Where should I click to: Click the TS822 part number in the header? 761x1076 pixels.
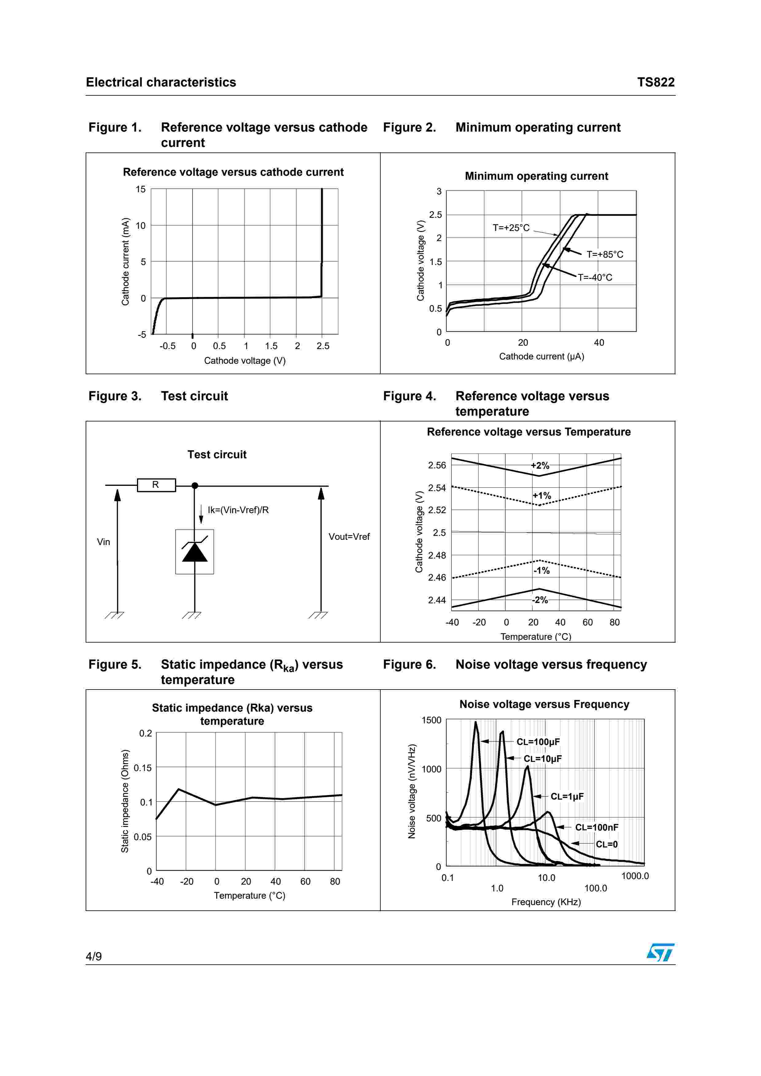[x=655, y=83]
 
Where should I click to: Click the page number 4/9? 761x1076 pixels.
[x=94, y=956]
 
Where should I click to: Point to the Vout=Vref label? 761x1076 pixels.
[x=349, y=536]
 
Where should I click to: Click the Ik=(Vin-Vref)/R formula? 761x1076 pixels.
[x=238, y=510]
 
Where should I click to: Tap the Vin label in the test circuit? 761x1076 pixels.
[x=103, y=542]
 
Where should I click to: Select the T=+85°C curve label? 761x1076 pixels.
[x=605, y=255]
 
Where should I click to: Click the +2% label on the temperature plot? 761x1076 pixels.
[x=540, y=465]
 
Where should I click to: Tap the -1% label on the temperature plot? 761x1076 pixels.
[x=542, y=570]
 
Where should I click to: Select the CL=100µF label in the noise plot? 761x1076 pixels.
[x=538, y=742]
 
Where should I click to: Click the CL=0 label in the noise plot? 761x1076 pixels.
[x=606, y=844]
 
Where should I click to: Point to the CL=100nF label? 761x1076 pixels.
[x=596, y=827]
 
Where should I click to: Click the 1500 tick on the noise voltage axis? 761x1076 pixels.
[x=431, y=720]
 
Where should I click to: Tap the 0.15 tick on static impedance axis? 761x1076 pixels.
[x=142, y=768]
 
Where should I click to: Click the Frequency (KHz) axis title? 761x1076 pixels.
[x=546, y=902]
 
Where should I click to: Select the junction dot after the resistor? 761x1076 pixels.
[x=195, y=486]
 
